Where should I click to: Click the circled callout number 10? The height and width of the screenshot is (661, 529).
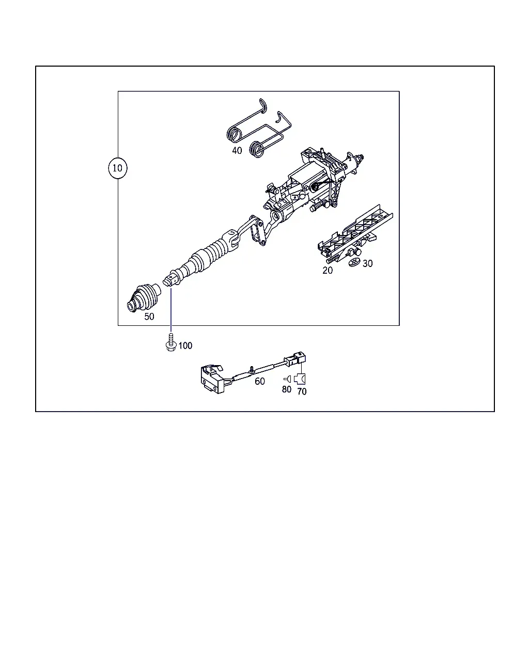coord(117,168)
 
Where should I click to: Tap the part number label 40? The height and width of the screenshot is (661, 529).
coord(237,150)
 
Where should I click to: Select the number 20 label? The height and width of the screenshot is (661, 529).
coord(328,270)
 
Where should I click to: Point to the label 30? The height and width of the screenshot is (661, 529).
coord(368,263)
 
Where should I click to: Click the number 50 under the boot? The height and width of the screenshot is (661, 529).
coord(149,317)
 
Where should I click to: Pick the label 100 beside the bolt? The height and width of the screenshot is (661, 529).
coord(185,345)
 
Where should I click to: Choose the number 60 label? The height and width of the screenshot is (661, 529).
coord(260,381)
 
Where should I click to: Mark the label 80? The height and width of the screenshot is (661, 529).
coord(287,389)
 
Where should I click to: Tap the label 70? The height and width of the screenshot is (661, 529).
coord(302,391)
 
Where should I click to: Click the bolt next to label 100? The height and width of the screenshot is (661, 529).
coord(171,343)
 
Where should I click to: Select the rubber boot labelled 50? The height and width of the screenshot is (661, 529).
coord(144,297)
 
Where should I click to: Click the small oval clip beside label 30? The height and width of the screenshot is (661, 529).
coord(354,262)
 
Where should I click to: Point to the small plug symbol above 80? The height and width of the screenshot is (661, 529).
coord(287,379)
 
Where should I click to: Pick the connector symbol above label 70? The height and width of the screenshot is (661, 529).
coord(300,379)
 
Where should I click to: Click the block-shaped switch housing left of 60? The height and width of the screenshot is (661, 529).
coord(212,379)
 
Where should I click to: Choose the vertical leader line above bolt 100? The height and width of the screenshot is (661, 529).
coord(171,310)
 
